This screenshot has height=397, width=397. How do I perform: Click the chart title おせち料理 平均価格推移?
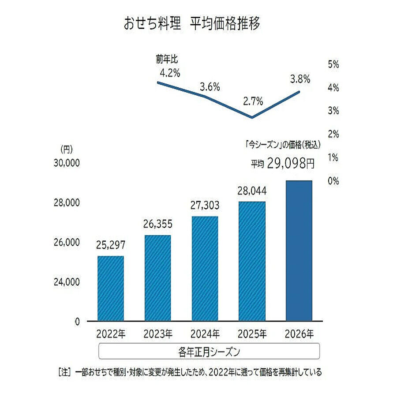192,24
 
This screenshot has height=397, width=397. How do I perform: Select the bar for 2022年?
110,288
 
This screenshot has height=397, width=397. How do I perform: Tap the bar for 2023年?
157,278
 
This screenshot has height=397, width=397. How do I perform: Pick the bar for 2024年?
205,268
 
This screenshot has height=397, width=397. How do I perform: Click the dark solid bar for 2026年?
299,251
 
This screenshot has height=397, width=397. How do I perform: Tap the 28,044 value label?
252,191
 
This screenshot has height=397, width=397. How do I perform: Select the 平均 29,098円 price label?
283,164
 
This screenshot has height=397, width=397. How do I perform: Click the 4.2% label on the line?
168,73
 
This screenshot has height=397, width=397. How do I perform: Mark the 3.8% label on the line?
300,79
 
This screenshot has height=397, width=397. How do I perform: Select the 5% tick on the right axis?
333,64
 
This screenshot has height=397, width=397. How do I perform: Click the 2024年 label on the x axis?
205,333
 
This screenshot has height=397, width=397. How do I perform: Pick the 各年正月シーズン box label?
209,352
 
